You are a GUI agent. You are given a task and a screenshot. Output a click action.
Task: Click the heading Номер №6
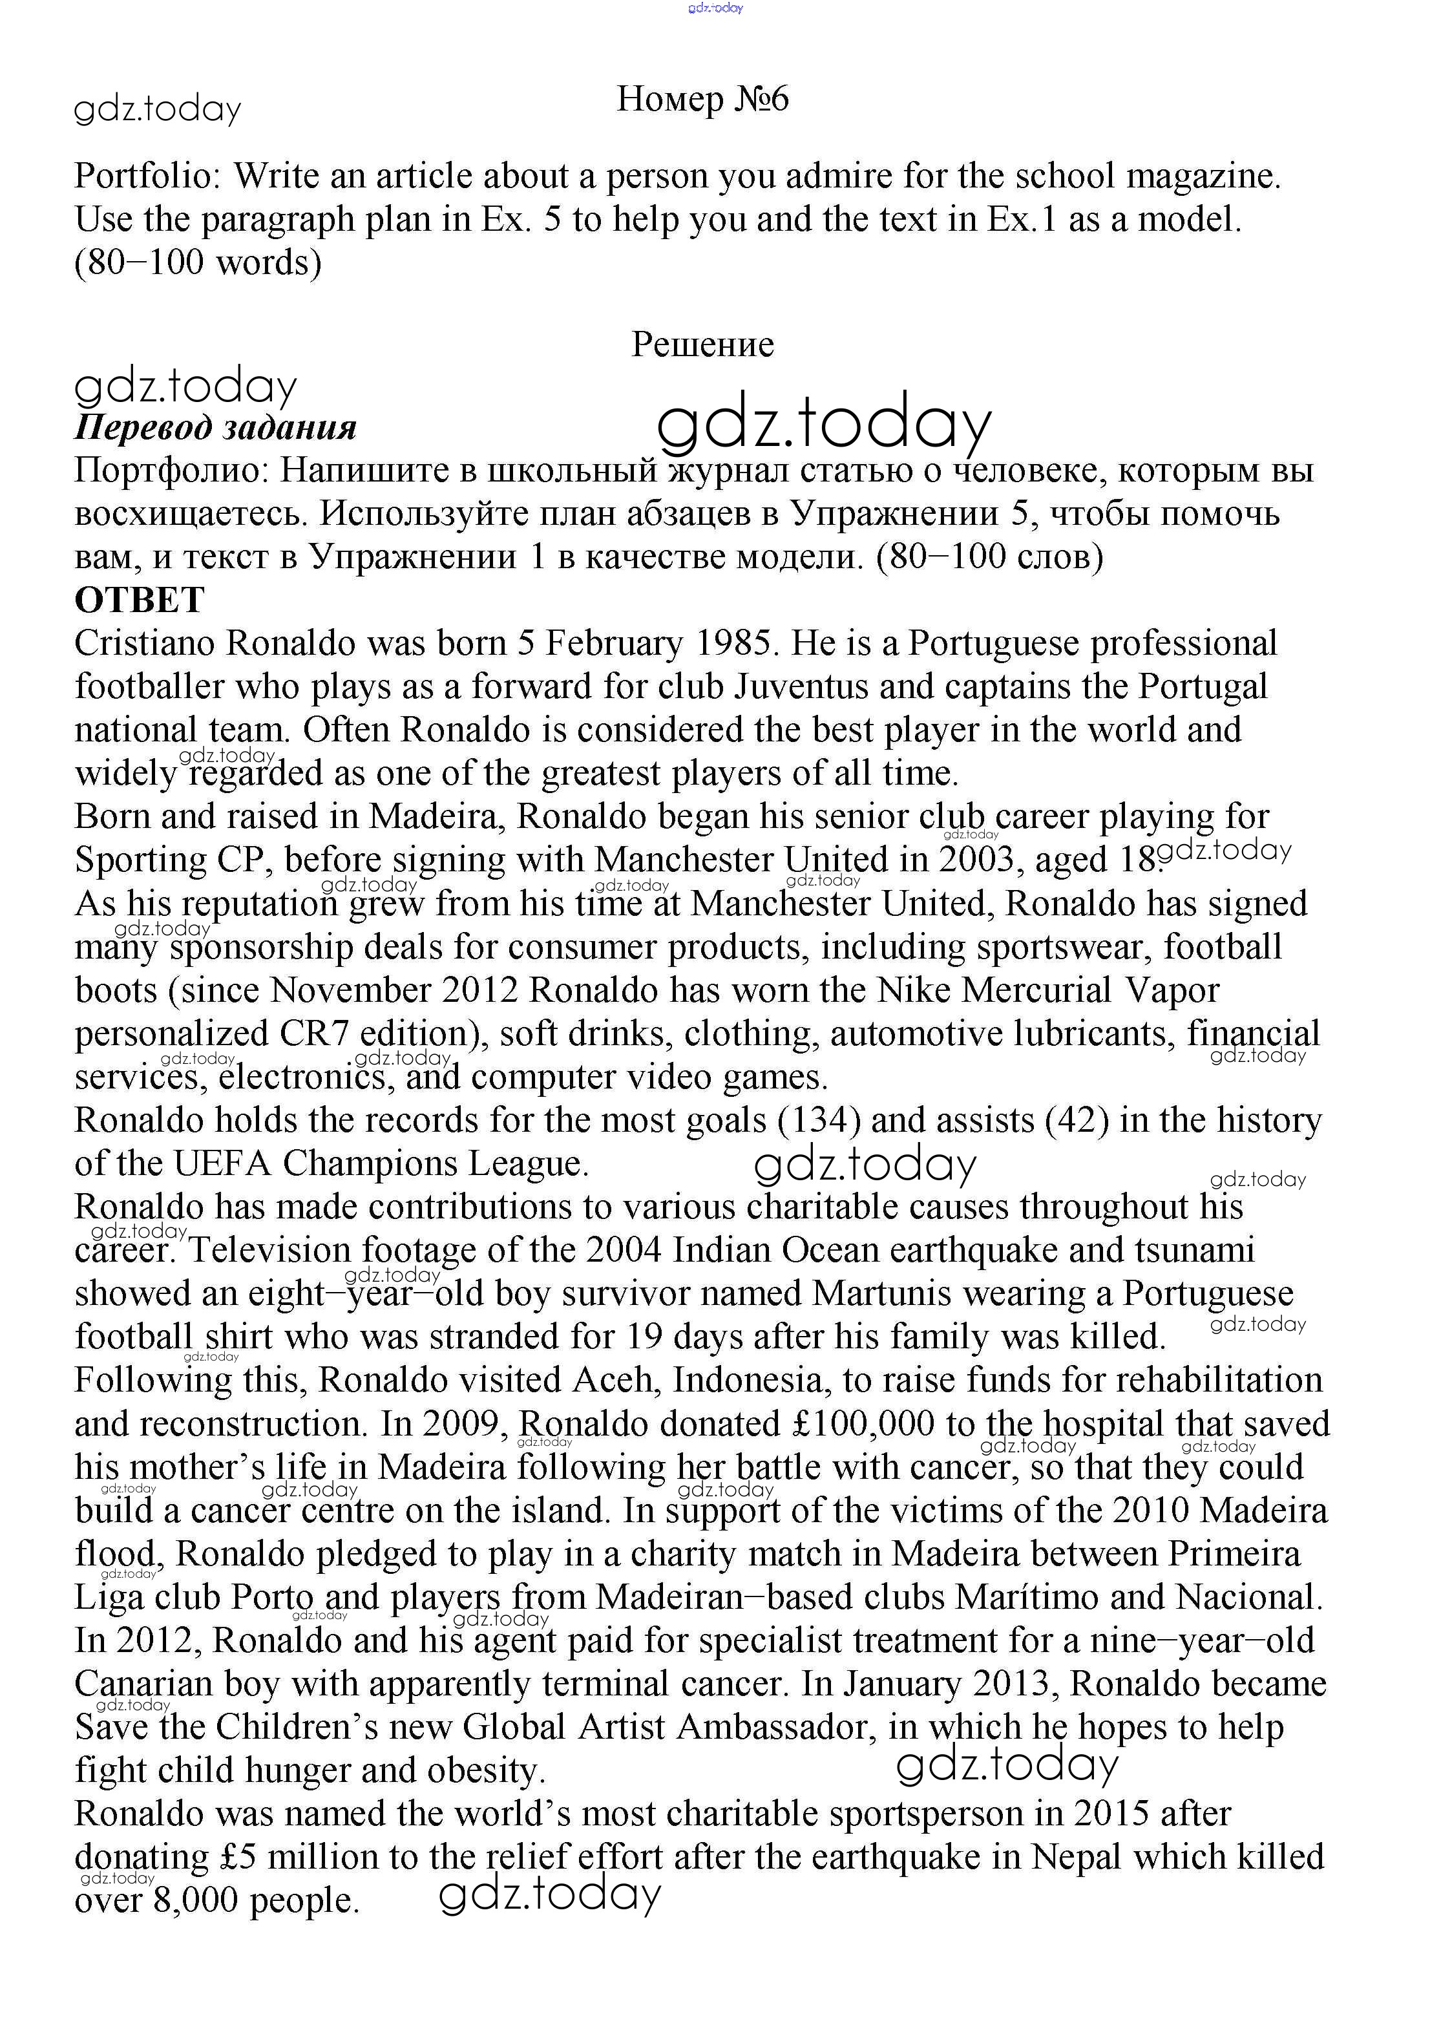pyautogui.click(x=702, y=99)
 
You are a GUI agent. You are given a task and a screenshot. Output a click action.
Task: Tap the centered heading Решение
pyautogui.click(x=702, y=344)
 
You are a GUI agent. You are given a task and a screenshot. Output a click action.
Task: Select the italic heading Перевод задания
pyautogui.click(x=216, y=428)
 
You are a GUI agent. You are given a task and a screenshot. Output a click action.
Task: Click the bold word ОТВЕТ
pyautogui.click(x=140, y=600)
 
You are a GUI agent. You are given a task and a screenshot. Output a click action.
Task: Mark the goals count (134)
pyautogui.click(x=818, y=1121)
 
